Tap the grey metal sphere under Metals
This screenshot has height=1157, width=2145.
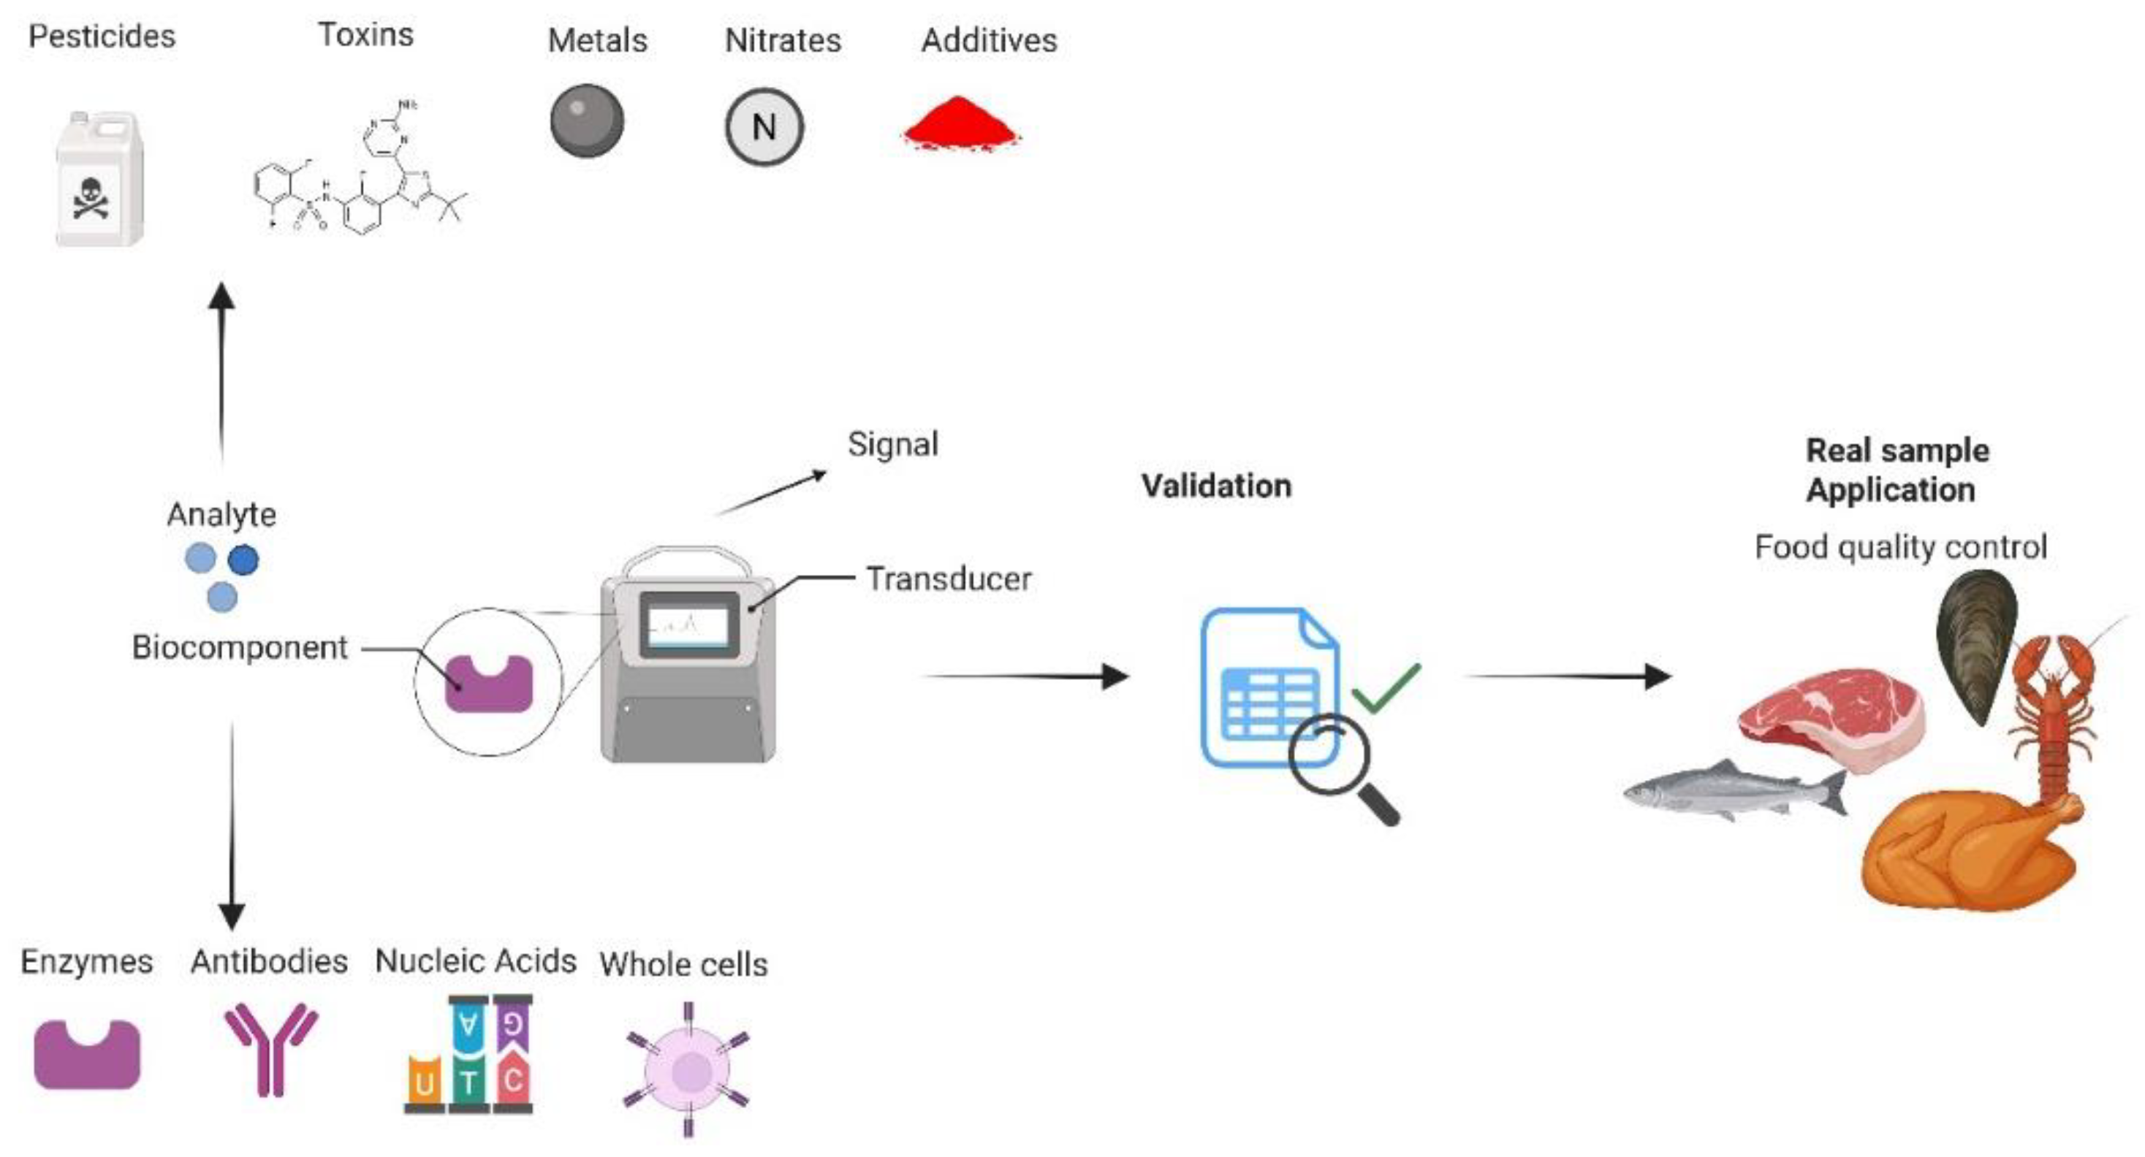(586, 121)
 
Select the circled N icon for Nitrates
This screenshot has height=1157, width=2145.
(764, 127)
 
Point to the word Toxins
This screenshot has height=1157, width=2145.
(365, 35)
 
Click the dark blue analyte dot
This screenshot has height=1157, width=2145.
(243, 560)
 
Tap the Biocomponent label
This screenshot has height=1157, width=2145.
(239, 648)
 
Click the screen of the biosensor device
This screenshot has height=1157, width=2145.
(688, 625)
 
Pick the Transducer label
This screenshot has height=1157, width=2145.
(949, 578)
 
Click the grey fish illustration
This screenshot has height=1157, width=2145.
(1732, 789)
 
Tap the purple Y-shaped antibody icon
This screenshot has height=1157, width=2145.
(270, 1047)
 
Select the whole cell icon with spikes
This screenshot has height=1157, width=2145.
(688, 1070)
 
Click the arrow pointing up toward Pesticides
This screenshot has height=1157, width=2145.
(221, 366)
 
